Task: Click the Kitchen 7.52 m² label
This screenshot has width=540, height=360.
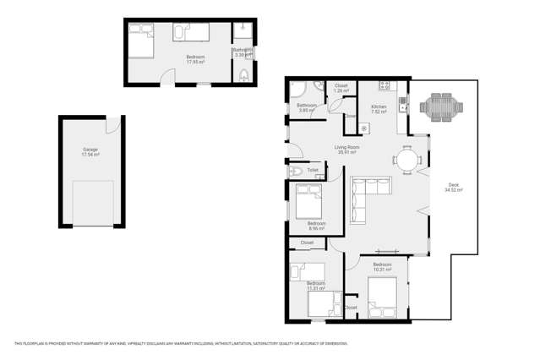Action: [x=379, y=108]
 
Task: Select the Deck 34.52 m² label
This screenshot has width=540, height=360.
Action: [x=453, y=189]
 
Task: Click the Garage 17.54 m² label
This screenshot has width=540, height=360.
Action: [x=90, y=152]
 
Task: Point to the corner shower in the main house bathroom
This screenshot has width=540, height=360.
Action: [x=302, y=89]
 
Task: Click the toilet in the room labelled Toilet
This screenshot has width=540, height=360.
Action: [x=295, y=171]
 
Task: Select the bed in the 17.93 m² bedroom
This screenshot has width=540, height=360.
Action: [x=139, y=39]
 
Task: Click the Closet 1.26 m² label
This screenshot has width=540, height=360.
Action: [x=341, y=87]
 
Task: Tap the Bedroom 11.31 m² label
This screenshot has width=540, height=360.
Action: [x=315, y=285]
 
